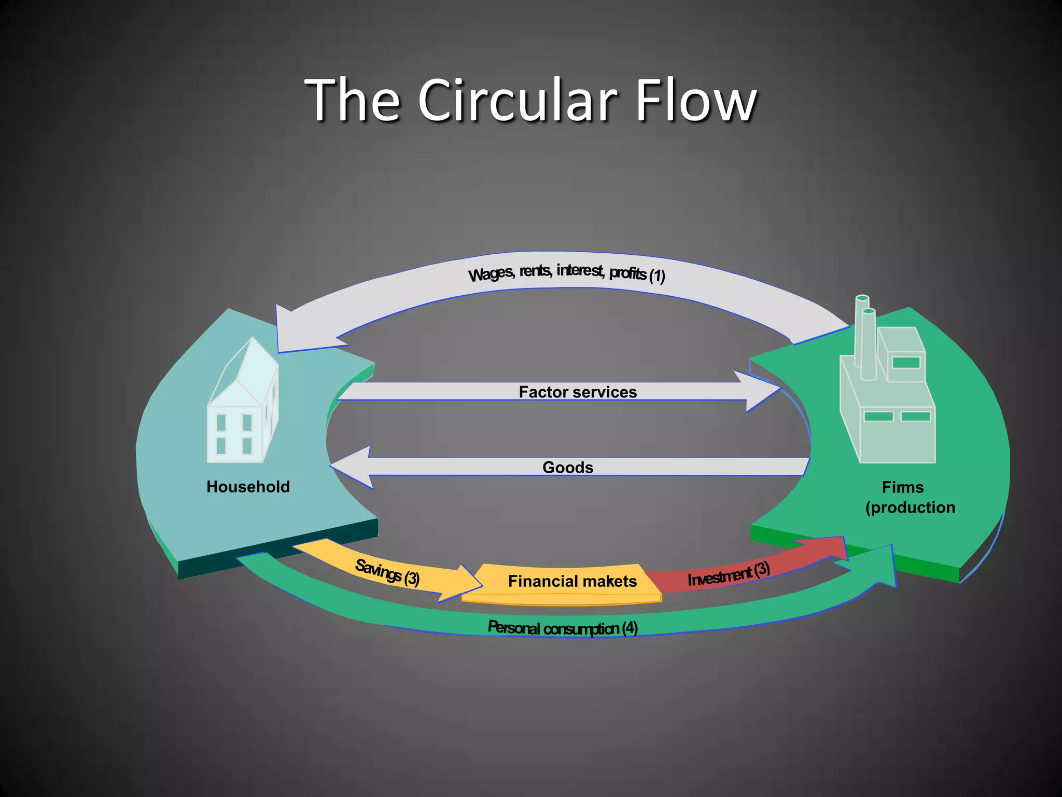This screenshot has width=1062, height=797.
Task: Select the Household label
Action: pos(248,487)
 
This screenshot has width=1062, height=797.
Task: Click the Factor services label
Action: pos(578,392)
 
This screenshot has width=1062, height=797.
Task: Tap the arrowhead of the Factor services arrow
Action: pos(760,391)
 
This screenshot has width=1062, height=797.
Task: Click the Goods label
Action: pos(568,467)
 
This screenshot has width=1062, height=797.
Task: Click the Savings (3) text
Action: pos(387,572)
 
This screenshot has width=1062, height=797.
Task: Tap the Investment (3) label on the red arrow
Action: pos(728,574)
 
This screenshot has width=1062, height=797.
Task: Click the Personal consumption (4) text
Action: pos(563,628)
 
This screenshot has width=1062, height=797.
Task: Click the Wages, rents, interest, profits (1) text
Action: pos(566,272)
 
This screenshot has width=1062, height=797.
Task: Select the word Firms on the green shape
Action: pos(902,487)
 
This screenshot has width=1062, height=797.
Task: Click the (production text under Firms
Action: pos(910,507)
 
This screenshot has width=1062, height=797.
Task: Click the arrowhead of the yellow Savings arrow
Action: pos(464,584)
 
